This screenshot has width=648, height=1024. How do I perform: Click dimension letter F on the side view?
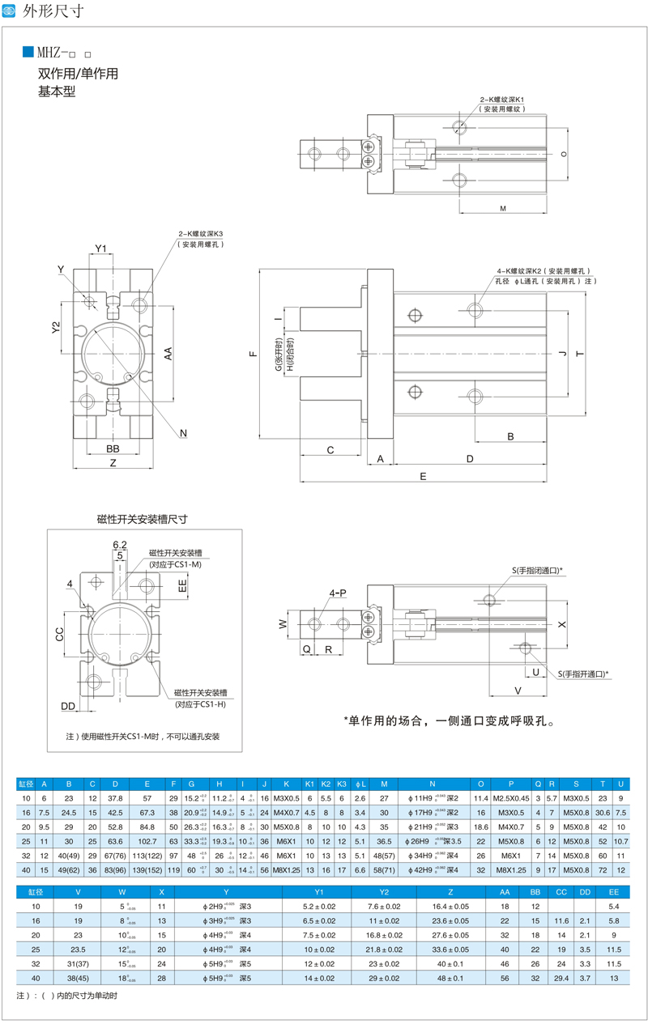click(253, 354)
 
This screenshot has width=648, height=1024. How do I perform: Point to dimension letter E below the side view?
click(423, 477)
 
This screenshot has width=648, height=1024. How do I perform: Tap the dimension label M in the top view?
click(503, 209)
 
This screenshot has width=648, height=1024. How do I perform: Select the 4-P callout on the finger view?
click(338, 593)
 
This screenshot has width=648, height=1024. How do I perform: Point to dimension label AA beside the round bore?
click(168, 354)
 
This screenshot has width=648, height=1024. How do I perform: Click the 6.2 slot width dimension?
click(119, 544)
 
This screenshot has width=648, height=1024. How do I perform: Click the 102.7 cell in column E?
click(147, 841)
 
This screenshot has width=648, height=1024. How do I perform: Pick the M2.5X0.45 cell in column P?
click(511, 797)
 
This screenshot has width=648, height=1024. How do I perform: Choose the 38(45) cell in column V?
click(79, 978)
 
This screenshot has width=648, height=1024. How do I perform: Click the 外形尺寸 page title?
click(53, 11)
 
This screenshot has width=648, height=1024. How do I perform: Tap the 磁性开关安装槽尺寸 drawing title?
click(142, 518)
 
